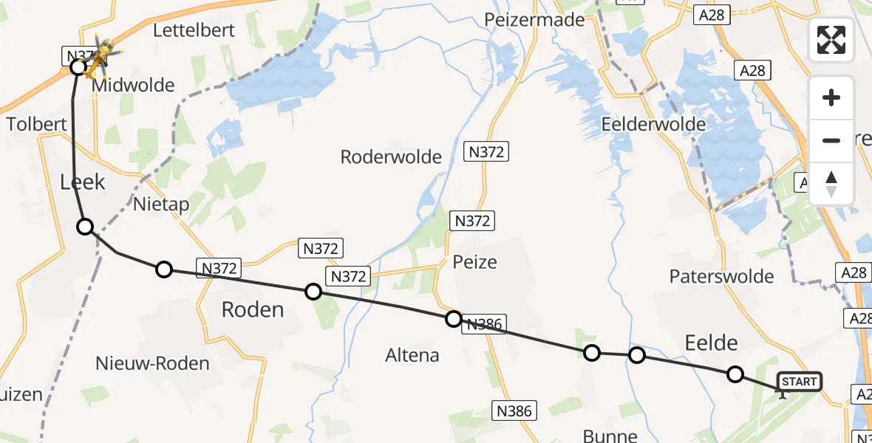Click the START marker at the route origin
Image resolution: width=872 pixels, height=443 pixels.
(x=799, y=382)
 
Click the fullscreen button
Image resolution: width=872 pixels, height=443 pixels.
(x=831, y=40)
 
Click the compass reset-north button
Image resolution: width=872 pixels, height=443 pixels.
(x=831, y=184)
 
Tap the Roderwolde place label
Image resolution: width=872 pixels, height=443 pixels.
(x=391, y=157)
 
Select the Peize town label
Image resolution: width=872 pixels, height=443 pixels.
(x=474, y=261)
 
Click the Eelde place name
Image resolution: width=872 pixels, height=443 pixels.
(x=711, y=342)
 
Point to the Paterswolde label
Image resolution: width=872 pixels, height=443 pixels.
(x=721, y=276)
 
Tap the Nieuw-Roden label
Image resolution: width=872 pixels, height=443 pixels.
(x=152, y=363)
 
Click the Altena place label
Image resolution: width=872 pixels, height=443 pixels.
(x=412, y=355)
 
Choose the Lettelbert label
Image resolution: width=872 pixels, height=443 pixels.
(x=194, y=30)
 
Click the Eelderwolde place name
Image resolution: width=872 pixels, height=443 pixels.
(x=653, y=123)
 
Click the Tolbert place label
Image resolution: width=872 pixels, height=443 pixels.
(x=37, y=123)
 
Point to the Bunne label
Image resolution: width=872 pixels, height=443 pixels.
(x=610, y=435)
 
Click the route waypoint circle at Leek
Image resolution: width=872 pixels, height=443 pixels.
(x=86, y=227)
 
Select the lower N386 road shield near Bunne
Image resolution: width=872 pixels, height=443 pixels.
(x=517, y=411)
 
